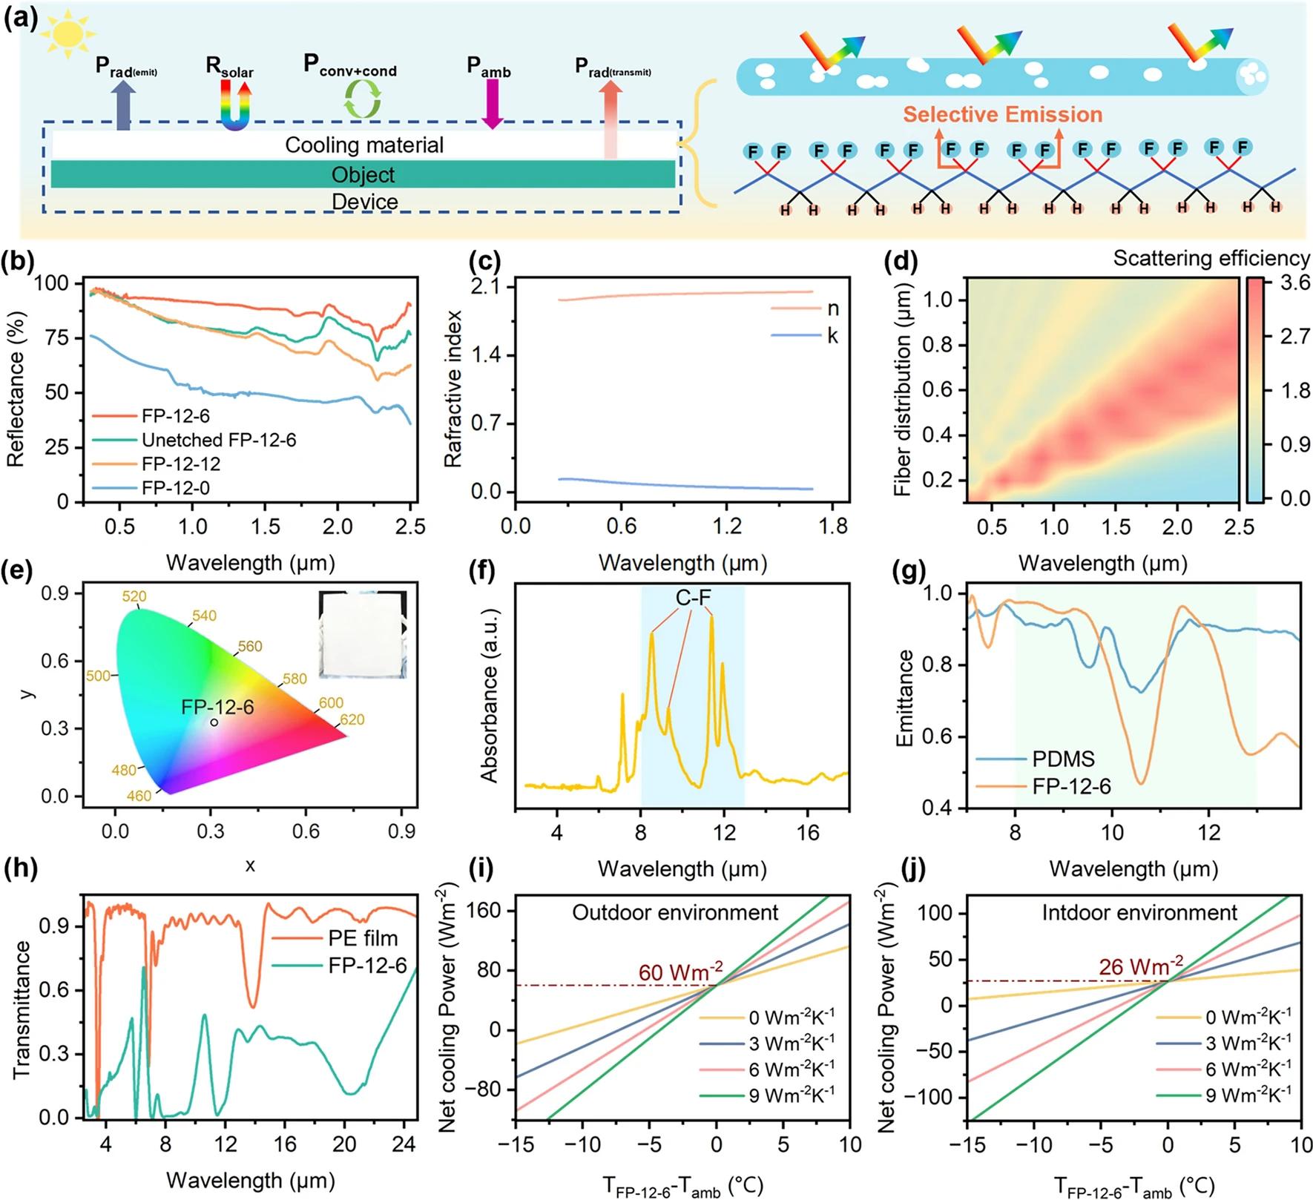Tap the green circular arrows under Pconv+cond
363,99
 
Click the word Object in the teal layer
363,175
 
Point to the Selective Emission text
1002,114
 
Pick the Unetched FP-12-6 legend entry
218,440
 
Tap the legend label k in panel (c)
832,336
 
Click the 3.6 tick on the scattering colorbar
1295,283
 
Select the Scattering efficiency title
1211,258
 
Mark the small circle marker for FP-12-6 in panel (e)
214,722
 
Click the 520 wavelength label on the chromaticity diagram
134,596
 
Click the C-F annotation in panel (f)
693,597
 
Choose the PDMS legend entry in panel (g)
1063,759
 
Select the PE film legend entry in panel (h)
363,938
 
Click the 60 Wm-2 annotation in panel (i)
680,972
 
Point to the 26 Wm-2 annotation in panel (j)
1141,967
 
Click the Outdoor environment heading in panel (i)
675,911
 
